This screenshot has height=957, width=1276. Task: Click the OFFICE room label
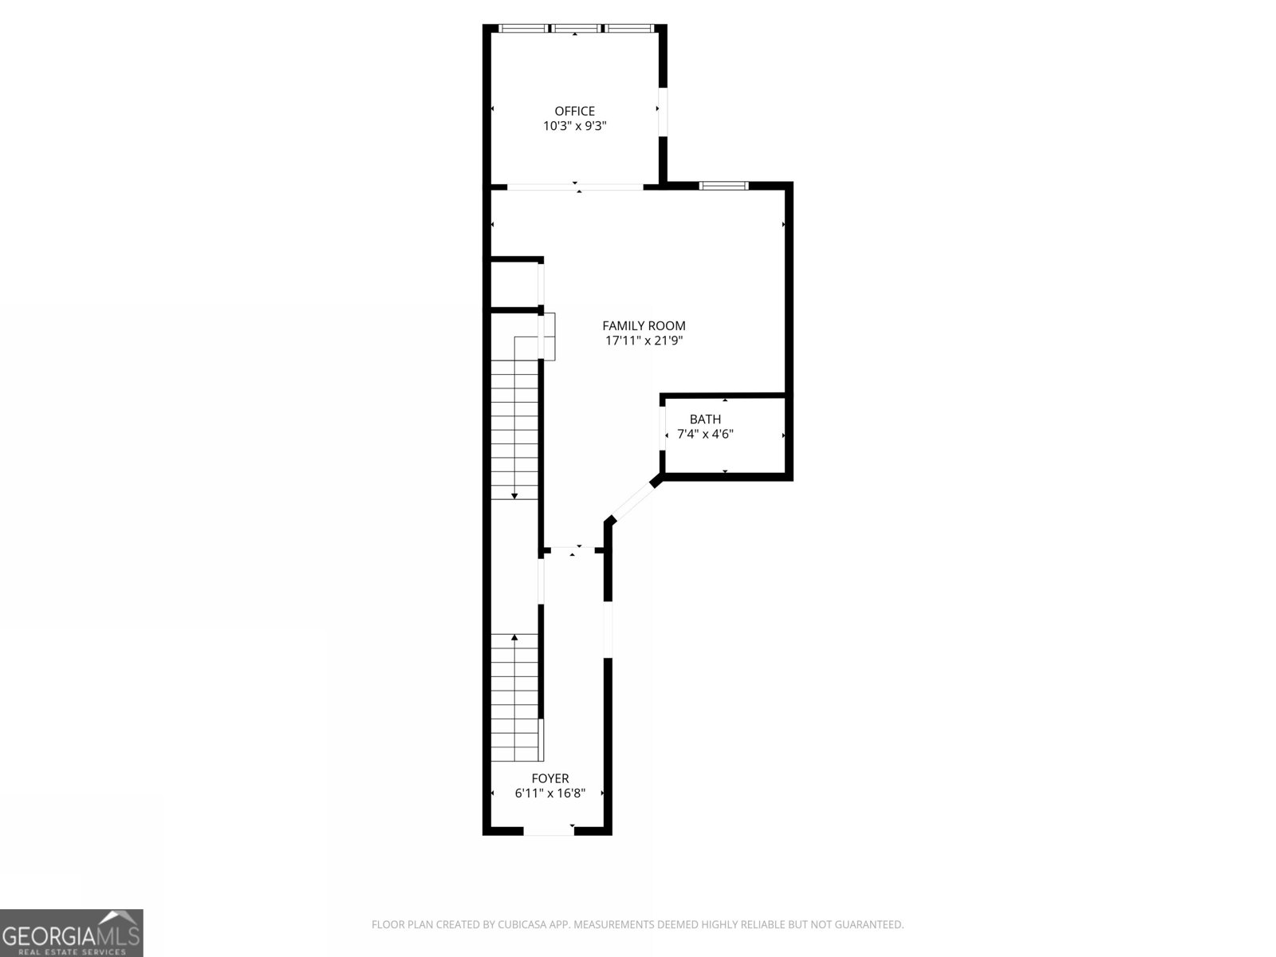coord(574,111)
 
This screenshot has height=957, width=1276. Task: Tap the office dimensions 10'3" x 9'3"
coord(574,126)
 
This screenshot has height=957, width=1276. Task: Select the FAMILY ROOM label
coord(644,325)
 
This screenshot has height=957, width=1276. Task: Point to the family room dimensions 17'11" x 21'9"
coord(644,341)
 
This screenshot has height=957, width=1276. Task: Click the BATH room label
coord(705,419)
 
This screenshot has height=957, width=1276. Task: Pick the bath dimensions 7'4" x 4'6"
coord(705,435)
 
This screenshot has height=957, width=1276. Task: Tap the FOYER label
coord(550,778)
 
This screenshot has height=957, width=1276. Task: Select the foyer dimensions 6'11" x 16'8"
coord(550,794)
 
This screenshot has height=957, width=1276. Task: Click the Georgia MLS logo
coord(72,932)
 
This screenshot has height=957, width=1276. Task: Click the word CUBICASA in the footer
coord(522,925)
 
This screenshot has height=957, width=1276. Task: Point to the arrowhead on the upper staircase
coord(514,496)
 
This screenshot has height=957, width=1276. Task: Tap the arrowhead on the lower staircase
coord(514,637)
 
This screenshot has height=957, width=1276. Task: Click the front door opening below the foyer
coord(549,831)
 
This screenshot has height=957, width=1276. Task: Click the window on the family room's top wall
coord(723,186)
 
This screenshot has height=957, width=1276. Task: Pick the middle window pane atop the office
coord(577,29)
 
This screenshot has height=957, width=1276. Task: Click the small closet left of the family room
coord(514,284)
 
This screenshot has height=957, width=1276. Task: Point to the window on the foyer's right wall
coord(608,629)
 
